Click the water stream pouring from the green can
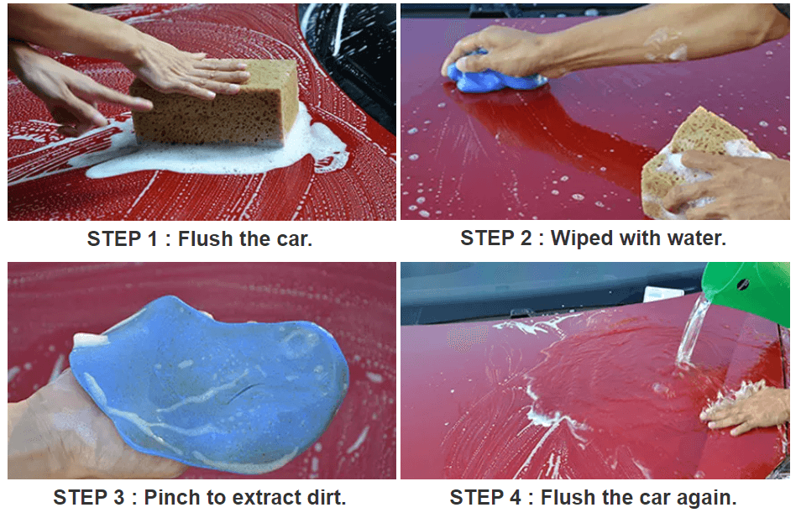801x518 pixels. pos(692,332)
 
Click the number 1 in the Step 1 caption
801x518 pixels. pos(152,239)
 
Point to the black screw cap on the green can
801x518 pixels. pos(743,284)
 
